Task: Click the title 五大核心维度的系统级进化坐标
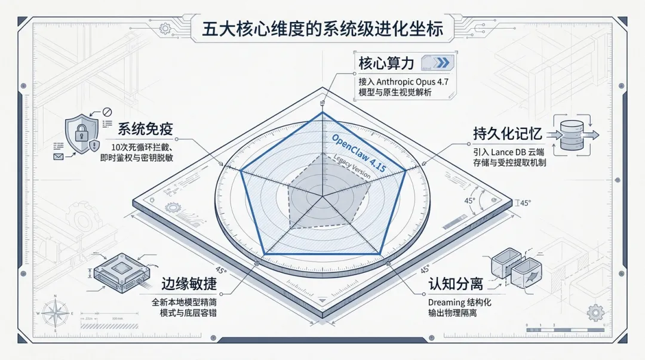click(x=322, y=29)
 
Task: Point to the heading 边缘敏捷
click(x=188, y=284)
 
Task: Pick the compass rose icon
click(x=54, y=313)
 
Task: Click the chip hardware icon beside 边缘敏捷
click(x=120, y=274)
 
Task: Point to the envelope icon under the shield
click(x=59, y=156)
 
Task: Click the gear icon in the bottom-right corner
click(x=595, y=312)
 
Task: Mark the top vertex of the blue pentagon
click(x=322, y=112)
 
